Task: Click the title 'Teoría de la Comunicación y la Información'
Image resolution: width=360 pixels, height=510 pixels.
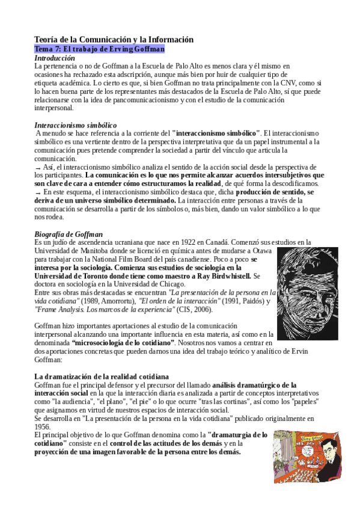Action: (x=114, y=39)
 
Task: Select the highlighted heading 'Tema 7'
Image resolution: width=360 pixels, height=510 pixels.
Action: (x=99, y=49)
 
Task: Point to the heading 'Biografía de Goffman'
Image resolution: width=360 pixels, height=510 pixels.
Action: (x=69, y=233)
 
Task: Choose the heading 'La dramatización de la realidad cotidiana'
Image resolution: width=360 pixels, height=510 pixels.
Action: (x=102, y=376)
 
